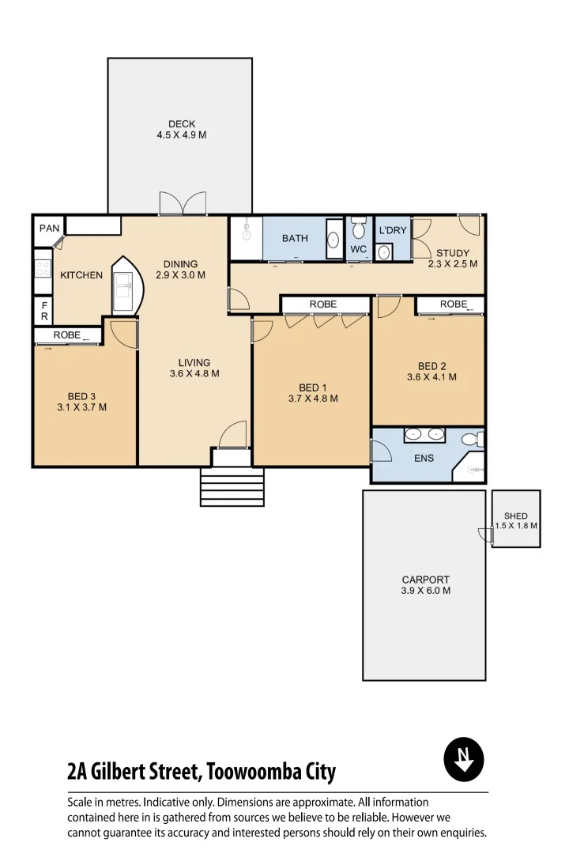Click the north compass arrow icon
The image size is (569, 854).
[x=464, y=761]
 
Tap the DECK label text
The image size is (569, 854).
[x=182, y=124]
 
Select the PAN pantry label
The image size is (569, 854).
[x=49, y=229]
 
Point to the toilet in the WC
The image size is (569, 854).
[x=358, y=229]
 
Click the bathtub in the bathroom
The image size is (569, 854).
[x=334, y=238]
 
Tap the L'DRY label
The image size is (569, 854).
[x=392, y=230]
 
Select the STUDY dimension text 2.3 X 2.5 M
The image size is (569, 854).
[x=452, y=264]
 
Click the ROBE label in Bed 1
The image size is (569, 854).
[x=323, y=304]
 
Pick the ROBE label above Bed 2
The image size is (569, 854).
[x=454, y=304]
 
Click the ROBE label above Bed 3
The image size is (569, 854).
[x=67, y=335]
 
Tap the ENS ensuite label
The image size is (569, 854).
[x=424, y=458]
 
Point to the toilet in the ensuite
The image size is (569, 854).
[x=470, y=439]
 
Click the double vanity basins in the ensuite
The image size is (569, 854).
[x=424, y=434]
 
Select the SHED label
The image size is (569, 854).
[x=516, y=516]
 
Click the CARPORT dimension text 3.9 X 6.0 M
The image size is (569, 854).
[x=426, y=591]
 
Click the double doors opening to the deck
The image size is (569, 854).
[x=183, y=204]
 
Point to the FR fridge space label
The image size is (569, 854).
[x=44, y=310]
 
